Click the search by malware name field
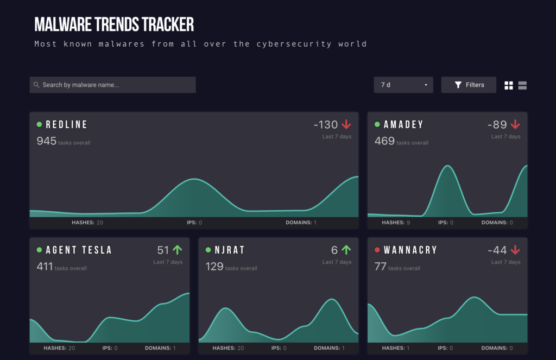[x=112, y=85]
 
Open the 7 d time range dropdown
[x=403, y=85]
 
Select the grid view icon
[x=509, y=85]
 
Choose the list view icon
[x=522, y=85]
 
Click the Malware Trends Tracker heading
[x=114, y=24]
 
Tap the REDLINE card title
[x=66, y=125]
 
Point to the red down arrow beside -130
[x=346, y=125]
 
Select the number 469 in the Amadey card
[x=384, y=141]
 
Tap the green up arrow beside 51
[x=178, y=250]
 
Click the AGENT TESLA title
[x=79, y=250]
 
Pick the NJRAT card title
[x=230, y=250]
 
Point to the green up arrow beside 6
[x=346, y=250]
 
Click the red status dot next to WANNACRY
[x=377, y=250]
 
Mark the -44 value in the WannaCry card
[x=497, y=250]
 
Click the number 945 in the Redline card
[x=46, y=141]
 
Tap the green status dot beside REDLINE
[x=39, y=125]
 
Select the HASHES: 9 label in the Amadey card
[x=396, y=223]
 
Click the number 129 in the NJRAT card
[x=214, y=267]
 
